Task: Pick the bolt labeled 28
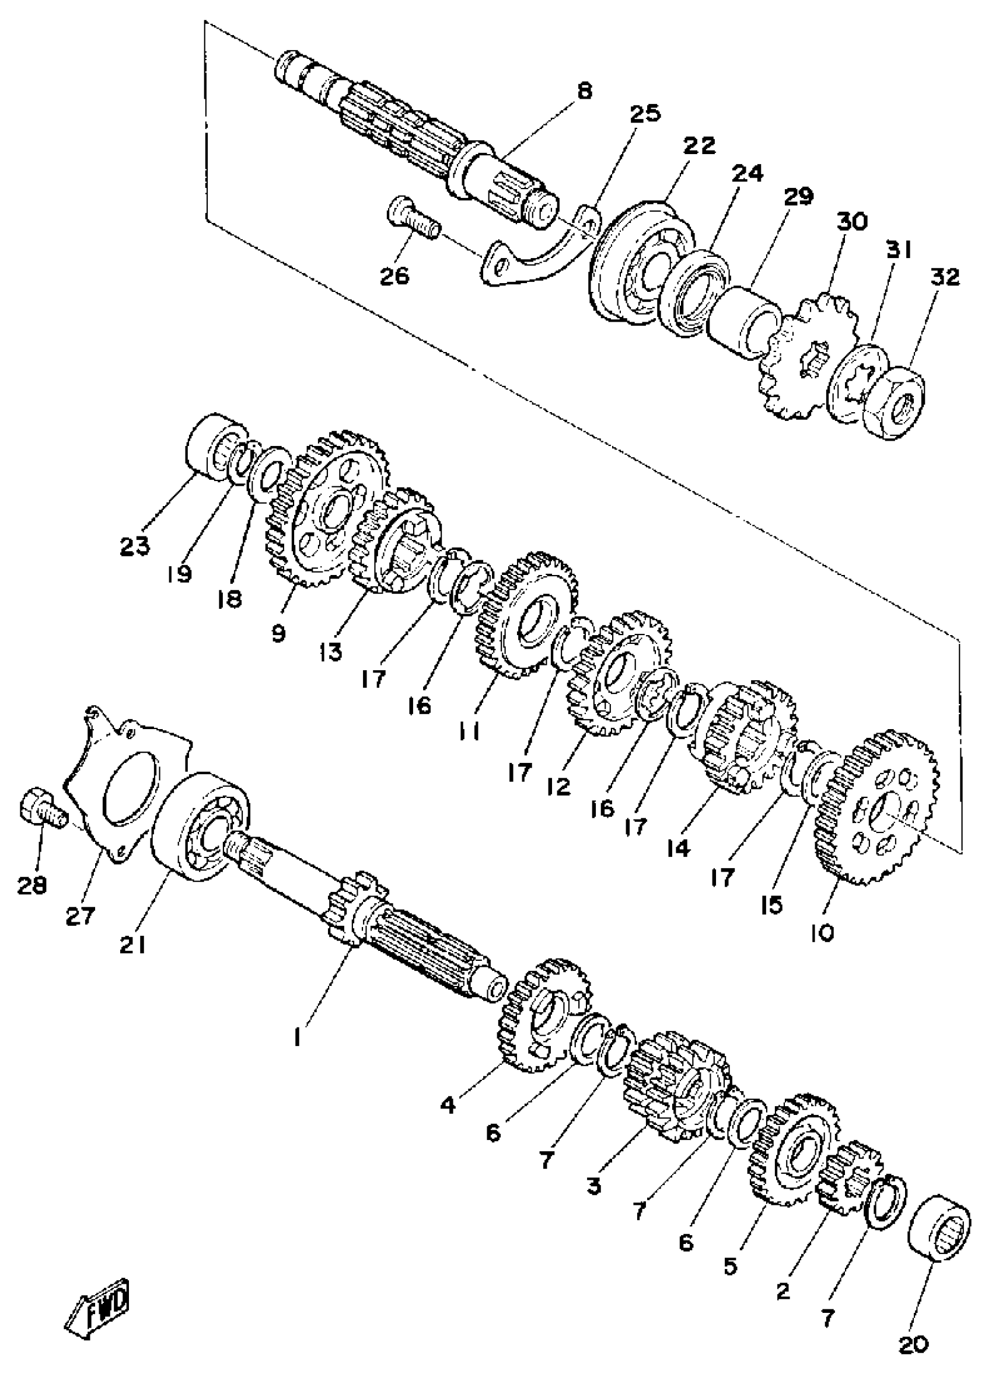point(44,807)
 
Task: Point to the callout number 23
point(134,546)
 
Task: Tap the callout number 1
point(296,1039)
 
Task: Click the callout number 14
point(678,849)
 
